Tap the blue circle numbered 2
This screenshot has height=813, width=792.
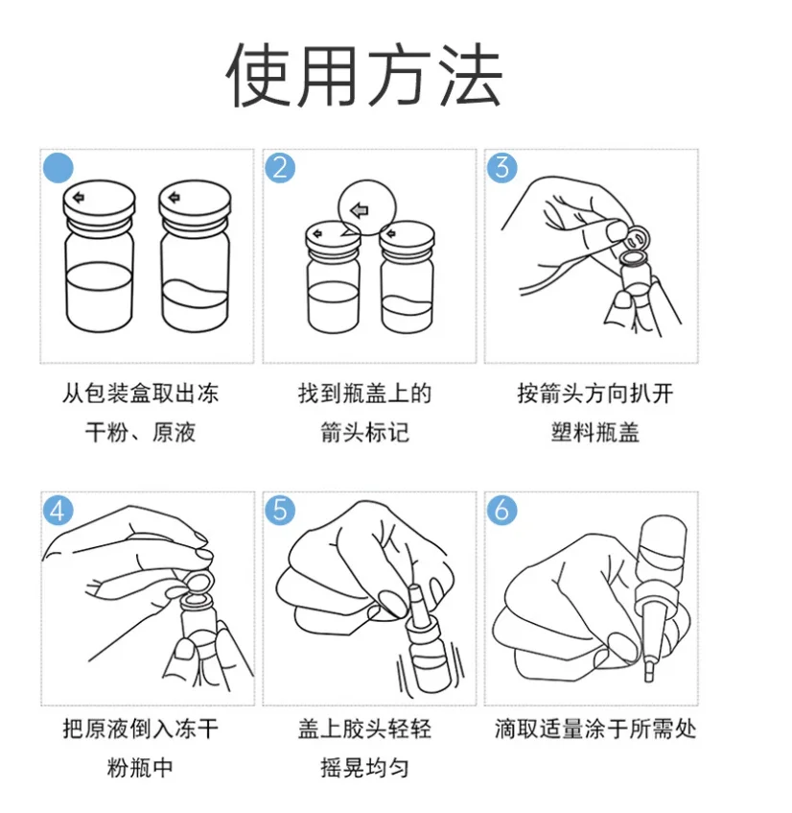coord(280,167)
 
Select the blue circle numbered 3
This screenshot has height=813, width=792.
coord(501,167)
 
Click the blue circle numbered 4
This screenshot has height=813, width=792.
coord(58,511)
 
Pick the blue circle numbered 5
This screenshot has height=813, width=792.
coord(280,511)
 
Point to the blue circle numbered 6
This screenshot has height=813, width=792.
coord(501,511)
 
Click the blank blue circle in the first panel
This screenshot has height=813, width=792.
coord(58,167)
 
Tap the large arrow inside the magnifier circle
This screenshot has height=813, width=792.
coord(360,210)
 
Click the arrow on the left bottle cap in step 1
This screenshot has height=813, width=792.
coord(79,197)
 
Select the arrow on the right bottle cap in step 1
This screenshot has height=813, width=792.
coord(175,197)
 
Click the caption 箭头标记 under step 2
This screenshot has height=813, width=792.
coord(364,432)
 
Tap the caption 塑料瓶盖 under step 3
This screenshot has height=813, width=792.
coord(594,432)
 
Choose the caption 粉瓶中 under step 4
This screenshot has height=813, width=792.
coord(140,767)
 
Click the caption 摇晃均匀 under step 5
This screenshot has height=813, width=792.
coord(364,767)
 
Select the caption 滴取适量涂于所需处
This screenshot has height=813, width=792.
coord(594,729)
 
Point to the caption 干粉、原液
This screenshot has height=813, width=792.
coord(140,432)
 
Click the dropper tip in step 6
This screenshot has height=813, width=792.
coord(648,674)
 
